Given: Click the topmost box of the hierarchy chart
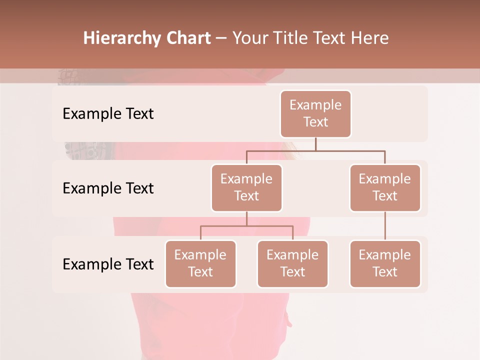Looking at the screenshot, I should click(x=315, y=114).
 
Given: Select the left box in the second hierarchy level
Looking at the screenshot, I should click(x=246, y=188).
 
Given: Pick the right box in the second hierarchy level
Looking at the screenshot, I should click(x=385, y=188).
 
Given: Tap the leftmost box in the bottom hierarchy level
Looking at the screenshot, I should click(x=200, y=264).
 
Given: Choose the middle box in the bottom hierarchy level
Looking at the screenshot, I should click(x=292, y=264).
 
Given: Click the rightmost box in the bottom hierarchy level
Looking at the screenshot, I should click(x=385, y=264).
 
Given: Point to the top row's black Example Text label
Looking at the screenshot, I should click(x=108, y=114).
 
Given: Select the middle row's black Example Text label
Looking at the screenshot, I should click(x=108, y=188).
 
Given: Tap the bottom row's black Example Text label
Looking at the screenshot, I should click(x=108, y=264).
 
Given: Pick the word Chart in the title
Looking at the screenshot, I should click(x=188, y=38).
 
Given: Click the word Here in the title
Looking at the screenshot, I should click(x=370, y=38).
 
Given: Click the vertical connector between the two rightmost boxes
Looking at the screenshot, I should click(x=385, y=226).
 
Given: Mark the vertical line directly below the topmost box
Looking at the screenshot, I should click(x=315, y=144).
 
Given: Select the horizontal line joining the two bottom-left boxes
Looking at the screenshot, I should click(x=246, y=226).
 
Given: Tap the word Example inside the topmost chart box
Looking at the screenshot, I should click(x=315, y=105).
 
